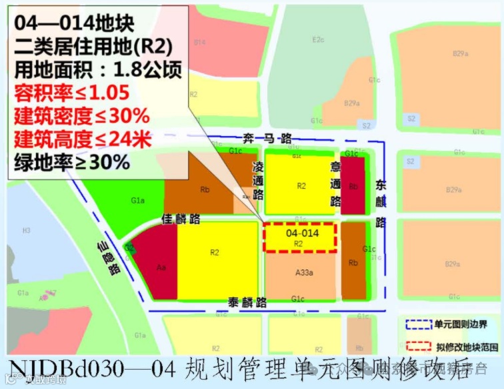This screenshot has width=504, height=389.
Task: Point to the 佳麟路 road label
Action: (181, 218)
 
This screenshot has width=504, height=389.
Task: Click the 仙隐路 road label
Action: (107, 260)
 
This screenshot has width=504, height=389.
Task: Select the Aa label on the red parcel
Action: (161, 267)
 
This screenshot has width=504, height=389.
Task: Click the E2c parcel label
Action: (319, 40)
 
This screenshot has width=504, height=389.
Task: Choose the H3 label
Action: (27, 230)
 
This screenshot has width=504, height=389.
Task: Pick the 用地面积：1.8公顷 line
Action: (97, 69)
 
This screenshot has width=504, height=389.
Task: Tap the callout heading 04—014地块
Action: (74, 24)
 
